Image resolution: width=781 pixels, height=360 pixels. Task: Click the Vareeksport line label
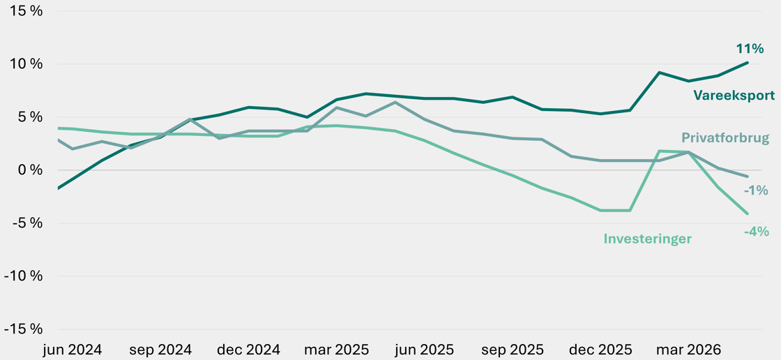tap(734, 96)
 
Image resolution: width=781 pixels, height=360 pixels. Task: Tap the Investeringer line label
tap(648, 239)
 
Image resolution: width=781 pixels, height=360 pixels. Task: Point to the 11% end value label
tap(750, 48)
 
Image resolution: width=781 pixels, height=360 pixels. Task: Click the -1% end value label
tap(756, 190)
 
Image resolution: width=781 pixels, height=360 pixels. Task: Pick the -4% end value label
tap(756, 232)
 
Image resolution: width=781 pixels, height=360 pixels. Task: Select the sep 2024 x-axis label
tap(160, 349)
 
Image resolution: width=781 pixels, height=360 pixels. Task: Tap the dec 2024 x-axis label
tap(248, 349)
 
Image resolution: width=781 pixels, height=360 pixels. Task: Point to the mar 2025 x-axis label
tap(337, 349)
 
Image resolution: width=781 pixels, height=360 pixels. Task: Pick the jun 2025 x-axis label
tap(425, 349)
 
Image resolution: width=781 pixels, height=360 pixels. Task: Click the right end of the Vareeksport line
tap(748, 62)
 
